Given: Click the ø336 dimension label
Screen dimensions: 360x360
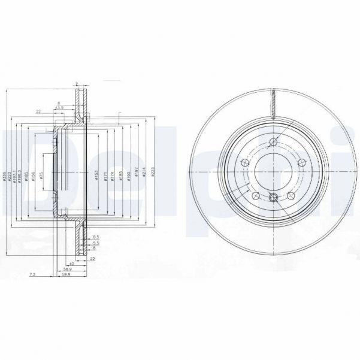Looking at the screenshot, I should [5, 174].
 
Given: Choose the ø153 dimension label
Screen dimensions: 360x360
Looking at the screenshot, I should [96, 174].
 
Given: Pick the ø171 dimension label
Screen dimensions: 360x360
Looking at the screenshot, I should [106, 174].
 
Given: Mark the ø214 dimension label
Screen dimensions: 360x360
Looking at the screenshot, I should [144, 174].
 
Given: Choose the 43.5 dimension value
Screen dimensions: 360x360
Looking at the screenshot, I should [60, 107].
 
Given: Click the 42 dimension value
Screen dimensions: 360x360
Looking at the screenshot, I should [71, 263].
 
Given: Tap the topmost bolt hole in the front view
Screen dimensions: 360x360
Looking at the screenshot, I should [274, 142].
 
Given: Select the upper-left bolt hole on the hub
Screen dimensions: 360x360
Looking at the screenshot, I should [244, 164].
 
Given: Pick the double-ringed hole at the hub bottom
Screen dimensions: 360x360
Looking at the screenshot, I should [274, 199].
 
